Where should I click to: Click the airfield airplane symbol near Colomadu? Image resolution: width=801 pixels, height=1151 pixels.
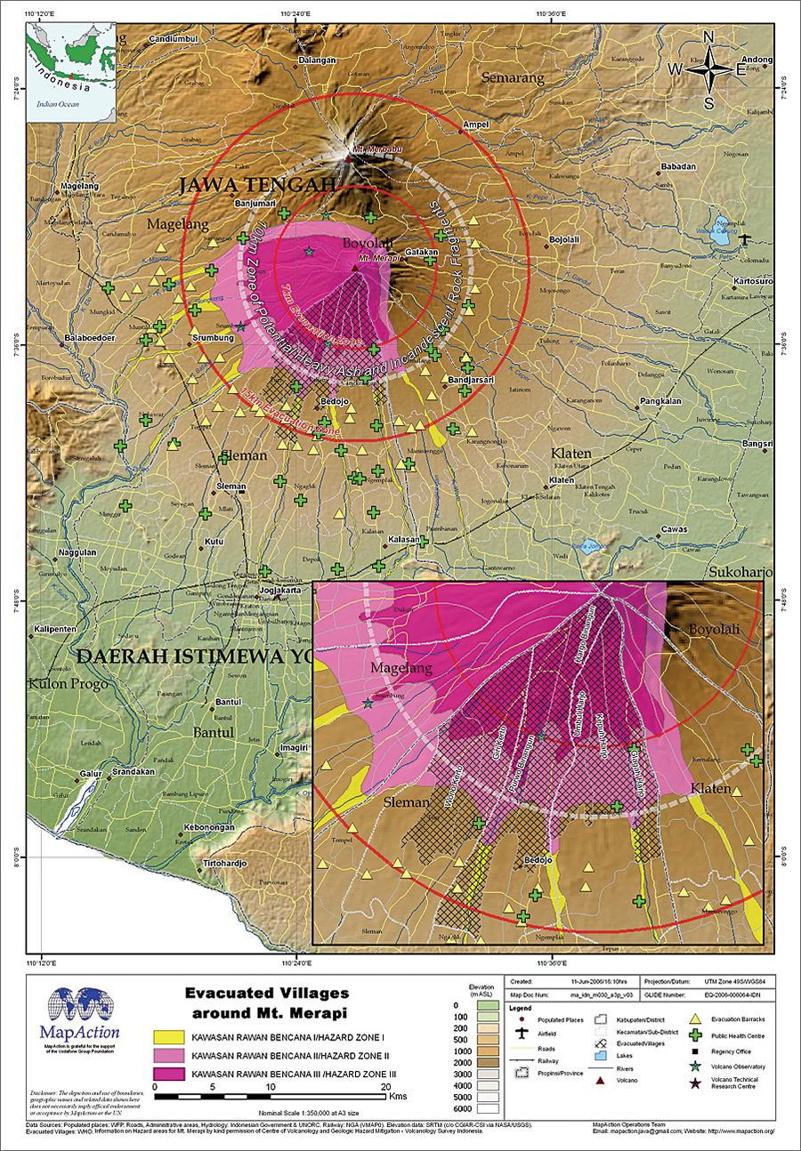click(x=744, y=239)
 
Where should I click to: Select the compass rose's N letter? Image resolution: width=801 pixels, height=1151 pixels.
click(x=709, y=36)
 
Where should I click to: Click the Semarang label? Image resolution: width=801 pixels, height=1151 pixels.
click(x=512, y=78)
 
